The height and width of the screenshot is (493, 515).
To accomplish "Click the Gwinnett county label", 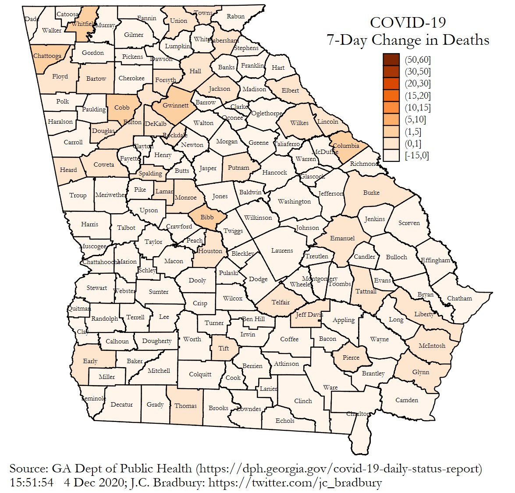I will point(175,105).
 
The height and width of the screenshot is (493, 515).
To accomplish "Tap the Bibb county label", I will point(207,217).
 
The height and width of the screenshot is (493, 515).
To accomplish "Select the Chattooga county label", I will point(47,56).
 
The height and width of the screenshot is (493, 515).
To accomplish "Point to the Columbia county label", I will point(346,146).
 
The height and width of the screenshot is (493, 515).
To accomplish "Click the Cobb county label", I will point(122,107).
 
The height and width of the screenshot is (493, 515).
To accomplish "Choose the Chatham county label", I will point(459,298).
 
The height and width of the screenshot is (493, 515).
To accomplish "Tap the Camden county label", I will point(406,400).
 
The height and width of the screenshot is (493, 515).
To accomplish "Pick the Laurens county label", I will point(282,250).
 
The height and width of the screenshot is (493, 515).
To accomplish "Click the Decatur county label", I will point(121,404).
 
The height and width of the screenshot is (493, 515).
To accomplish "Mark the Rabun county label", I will point(235,16).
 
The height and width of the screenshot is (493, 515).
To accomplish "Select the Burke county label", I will point(371,193).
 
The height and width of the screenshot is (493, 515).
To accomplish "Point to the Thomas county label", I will point(185,406).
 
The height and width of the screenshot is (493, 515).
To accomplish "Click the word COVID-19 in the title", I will point(408,23).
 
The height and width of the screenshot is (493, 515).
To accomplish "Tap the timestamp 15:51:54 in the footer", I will point(32,483).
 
